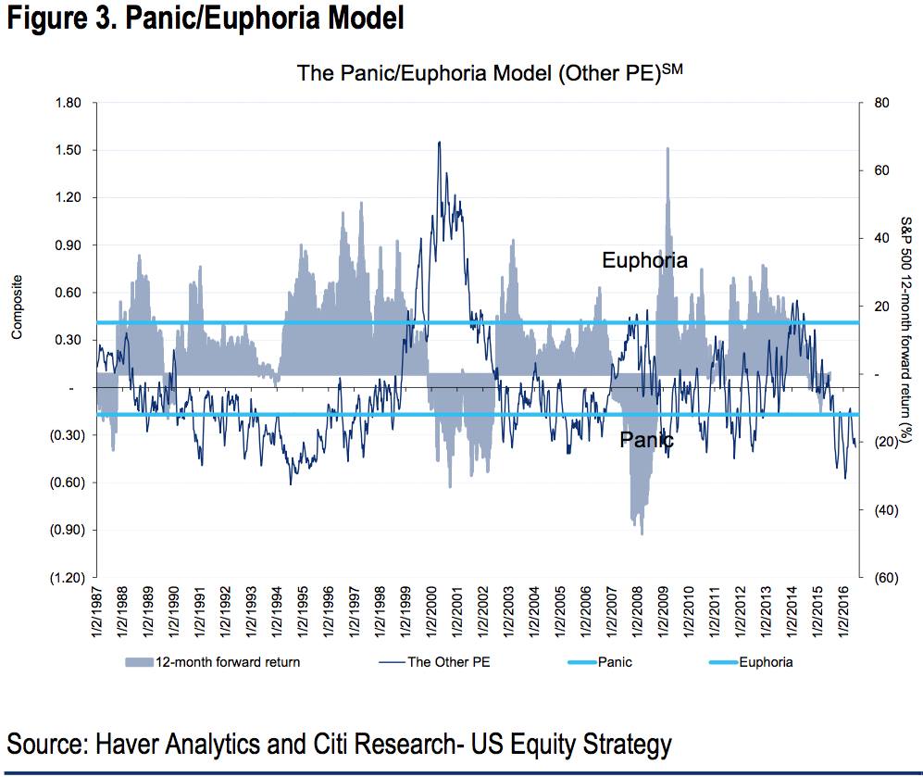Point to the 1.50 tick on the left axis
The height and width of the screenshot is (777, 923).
point(69,150)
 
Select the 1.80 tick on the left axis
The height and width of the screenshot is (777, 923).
point(69,103)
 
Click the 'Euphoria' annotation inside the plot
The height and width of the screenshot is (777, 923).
point(644,260)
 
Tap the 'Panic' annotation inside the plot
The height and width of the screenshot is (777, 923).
point(646,440)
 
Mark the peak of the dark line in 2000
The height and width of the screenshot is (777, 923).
point(438,142)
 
